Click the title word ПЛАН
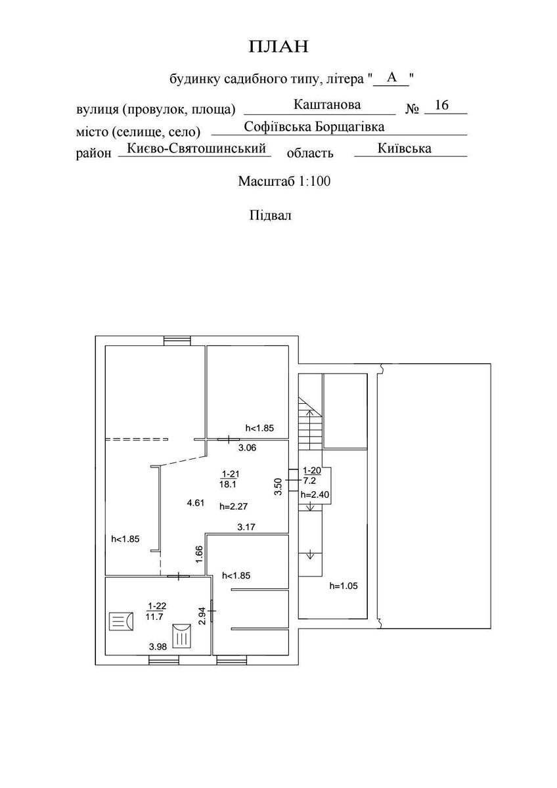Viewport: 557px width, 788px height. (278, 47)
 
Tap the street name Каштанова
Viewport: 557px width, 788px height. (327, 104)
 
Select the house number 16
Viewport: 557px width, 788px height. (441, 105)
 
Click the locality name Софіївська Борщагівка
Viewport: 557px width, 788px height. (314, 126)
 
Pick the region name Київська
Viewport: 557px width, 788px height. (405, 148)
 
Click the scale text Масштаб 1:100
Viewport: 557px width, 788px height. (284, 181)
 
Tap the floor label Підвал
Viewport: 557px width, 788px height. (270, 215)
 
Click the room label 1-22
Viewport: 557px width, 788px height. (156, 605)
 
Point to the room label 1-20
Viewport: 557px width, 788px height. (311, 471)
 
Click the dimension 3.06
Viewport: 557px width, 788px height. (246, 448)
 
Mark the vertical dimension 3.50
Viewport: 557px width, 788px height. (278, 487)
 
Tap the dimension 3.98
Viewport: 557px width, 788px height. (158, 647)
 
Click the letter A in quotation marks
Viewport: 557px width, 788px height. (391, 77)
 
